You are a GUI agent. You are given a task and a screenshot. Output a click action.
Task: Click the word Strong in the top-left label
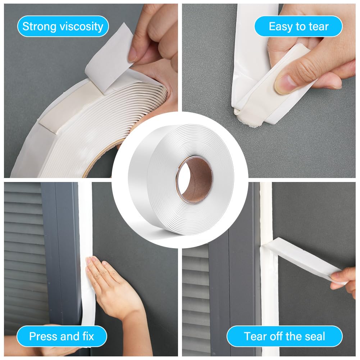pos(39,26)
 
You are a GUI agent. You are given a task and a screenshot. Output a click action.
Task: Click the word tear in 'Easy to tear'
pos(319,26)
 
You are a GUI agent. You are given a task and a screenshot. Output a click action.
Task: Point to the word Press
pos(43,336)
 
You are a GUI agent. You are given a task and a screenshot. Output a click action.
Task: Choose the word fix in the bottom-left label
pos(88,336)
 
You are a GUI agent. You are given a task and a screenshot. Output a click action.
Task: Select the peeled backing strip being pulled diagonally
pos(303,259)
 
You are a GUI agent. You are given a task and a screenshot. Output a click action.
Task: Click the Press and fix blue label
pos(62,336)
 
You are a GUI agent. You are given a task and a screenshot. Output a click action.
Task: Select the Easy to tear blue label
pos(299,26)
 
